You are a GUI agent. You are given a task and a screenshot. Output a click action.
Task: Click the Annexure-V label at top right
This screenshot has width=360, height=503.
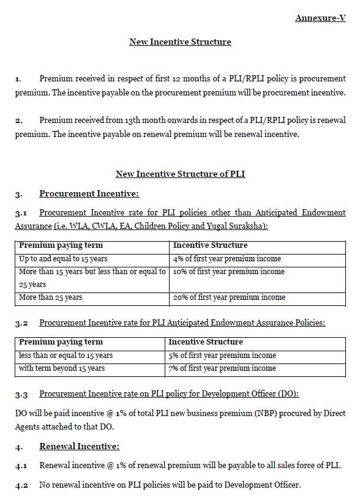pyautogui.click(x=320, y=18)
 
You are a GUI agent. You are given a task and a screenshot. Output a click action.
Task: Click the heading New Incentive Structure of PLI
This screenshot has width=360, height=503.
pyautogui.click(x=180, y=174)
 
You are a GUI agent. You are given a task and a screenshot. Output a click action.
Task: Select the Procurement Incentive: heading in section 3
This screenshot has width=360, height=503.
pyautogui.click(x=89, y=194)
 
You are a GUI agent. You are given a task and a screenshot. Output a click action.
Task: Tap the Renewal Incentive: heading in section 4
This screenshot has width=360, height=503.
pyautogui.click(x=79, y=447)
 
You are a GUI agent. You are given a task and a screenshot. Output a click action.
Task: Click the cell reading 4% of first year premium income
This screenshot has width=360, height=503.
pyautogui.click(x=223, y=259)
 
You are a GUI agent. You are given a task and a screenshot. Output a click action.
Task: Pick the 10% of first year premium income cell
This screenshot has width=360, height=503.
pyautogui.click(x=228, y=272)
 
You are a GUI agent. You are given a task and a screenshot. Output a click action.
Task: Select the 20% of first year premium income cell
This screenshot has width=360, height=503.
pyautogui.click(x=229, y=297)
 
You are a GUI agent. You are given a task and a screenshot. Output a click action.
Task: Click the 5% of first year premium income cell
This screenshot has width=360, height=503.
pyautogui.click(x=222, y=355)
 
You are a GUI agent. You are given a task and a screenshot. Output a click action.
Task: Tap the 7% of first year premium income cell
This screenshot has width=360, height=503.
pyautogui.click(x=222, y=368)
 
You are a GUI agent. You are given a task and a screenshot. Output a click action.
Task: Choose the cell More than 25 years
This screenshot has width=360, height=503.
pyautogui.click(x=50, y=297)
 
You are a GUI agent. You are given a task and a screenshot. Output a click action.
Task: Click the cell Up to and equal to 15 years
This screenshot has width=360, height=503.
pyautogui.click(x=63, y=259)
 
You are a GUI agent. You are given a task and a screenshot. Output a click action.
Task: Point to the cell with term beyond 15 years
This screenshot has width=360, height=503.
pyautogui.click(x=61, y=368)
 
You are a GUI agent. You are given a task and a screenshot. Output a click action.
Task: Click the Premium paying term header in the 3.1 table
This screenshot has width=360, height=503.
pyautogui.click(x=61, y=245)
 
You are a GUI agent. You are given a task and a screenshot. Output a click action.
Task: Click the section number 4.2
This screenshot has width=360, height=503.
pyautogui.click(x=21, y=485)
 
